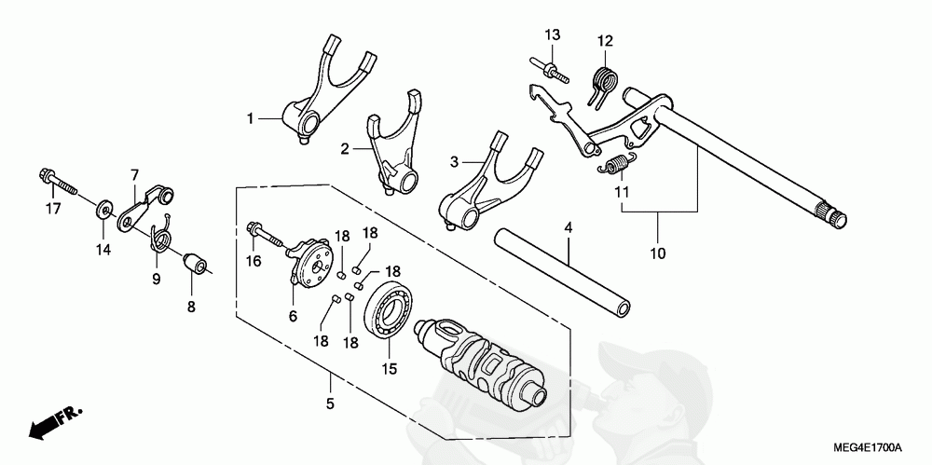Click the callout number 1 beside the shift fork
[250, 118]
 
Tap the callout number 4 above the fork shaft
[568, 227]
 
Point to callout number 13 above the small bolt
[553, 35]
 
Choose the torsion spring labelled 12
[604, 80]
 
